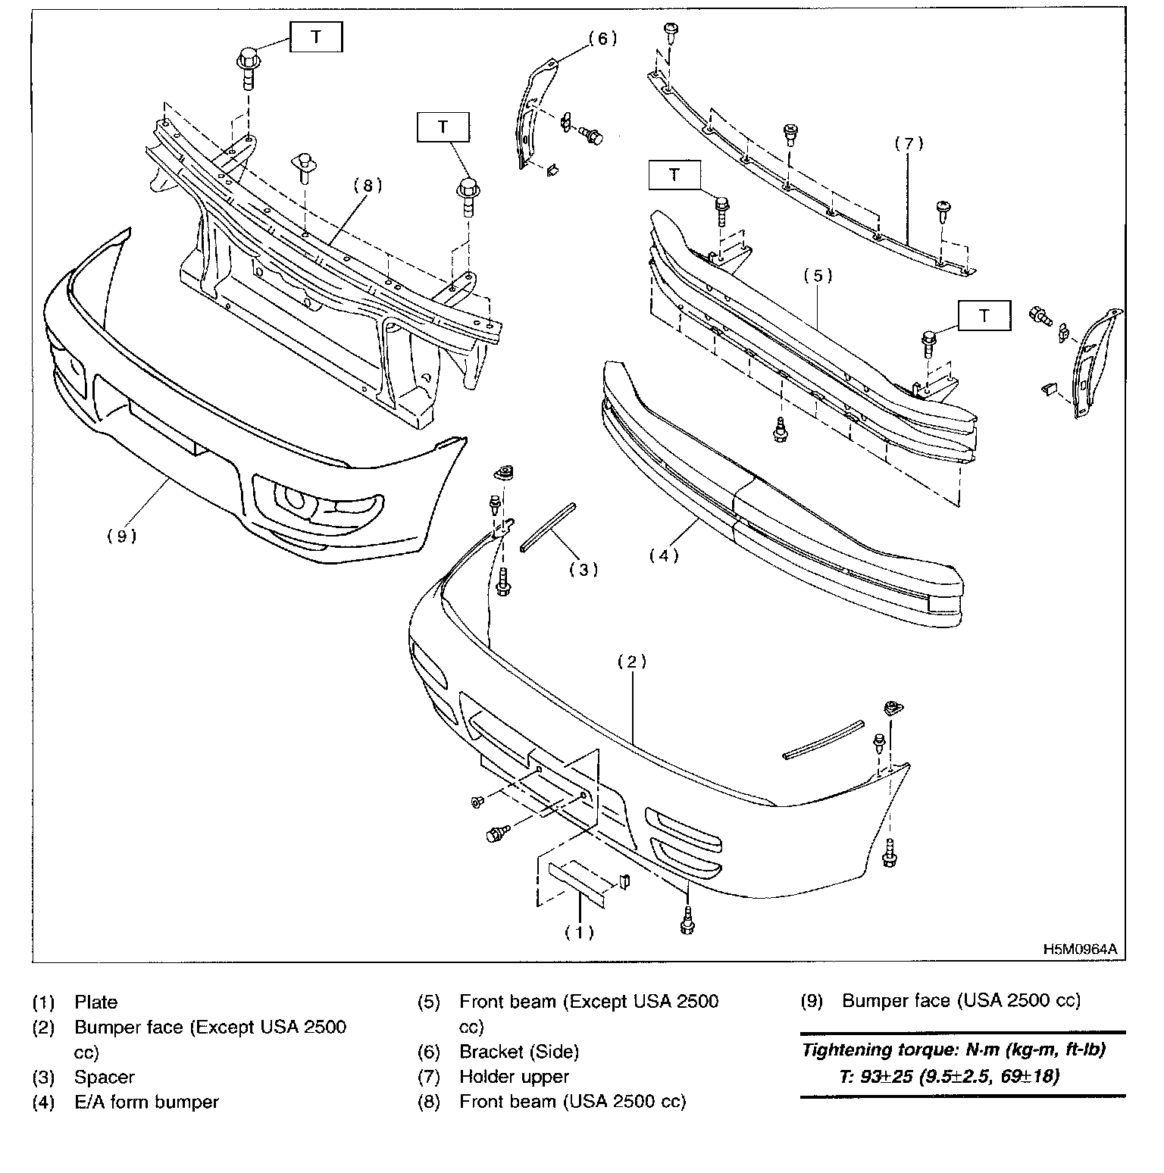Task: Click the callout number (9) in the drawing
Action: (121, 536)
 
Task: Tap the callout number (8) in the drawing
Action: (367, 185)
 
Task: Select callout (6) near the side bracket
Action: (602, 39)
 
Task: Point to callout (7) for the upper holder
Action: (909, 143)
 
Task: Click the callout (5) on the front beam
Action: (818, 276)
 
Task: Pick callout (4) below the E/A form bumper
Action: (664, 555)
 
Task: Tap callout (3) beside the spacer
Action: (584, 569)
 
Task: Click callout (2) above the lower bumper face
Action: (631, 662)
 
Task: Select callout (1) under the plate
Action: (579, 932)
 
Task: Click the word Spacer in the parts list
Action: (105, 1077)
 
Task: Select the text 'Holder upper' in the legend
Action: (514, 1077)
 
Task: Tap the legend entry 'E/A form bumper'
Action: (146, 1102)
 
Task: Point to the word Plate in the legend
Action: (96, 1003)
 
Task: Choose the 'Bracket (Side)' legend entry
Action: (518, 1052)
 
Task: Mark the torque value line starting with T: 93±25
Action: (948, 1076)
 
